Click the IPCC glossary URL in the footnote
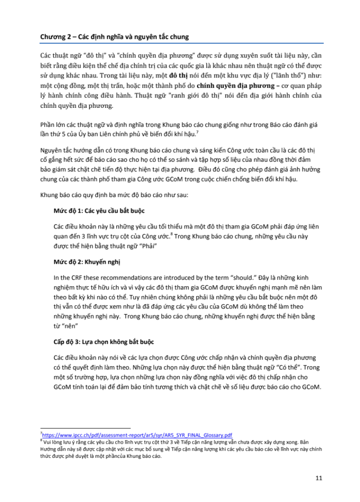[x=137, y=435]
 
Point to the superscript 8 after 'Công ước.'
[x=172, y=234]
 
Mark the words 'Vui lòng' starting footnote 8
[x=53, y=442]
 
